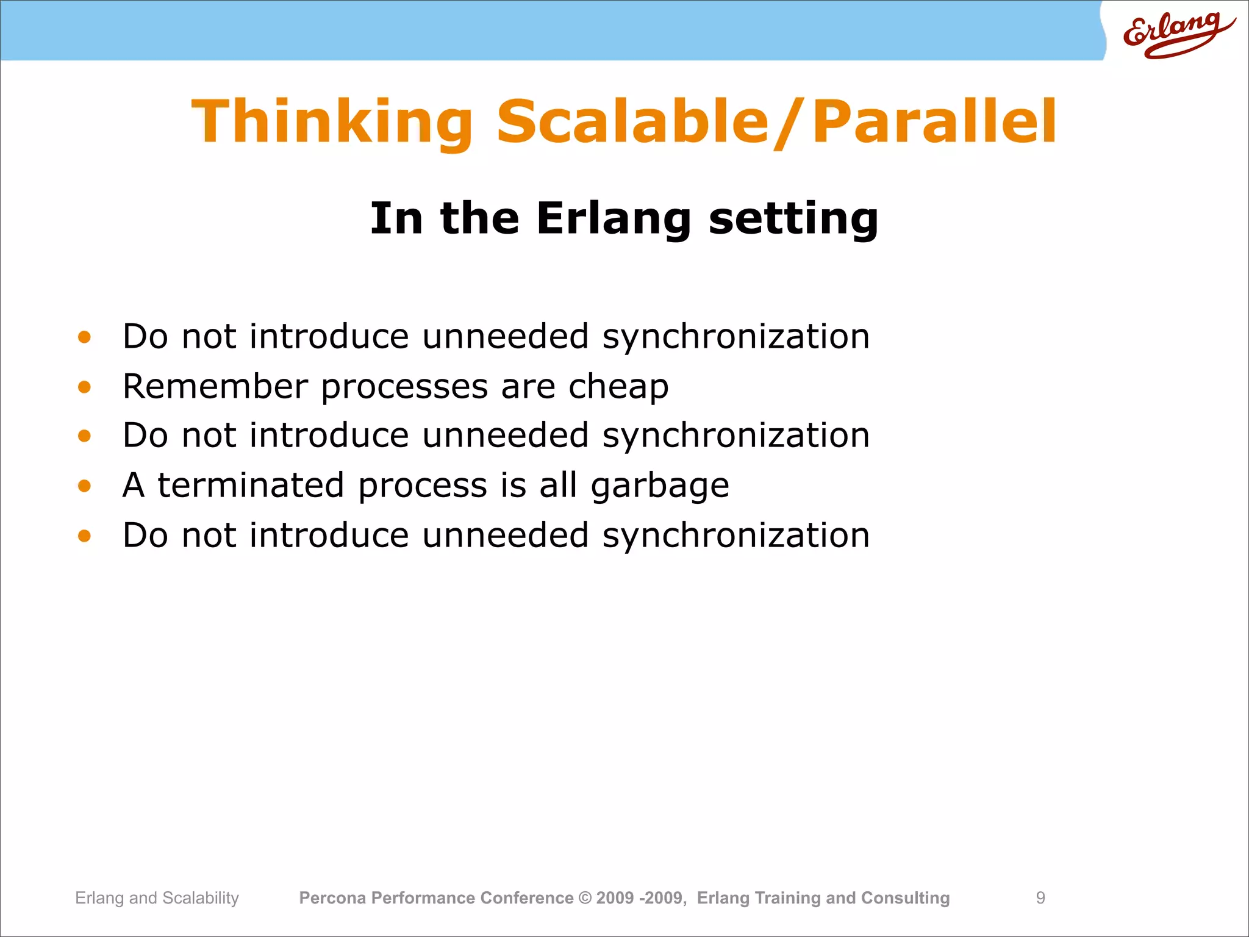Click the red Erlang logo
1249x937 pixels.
(1177, 34)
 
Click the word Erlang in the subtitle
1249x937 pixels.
(613, 218)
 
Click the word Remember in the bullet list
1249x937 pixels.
(215, 386)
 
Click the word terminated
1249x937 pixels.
(251, 485)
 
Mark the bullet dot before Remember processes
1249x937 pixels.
(84, 387)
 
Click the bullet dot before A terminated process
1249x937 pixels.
(84, 486)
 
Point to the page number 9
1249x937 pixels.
(1040, 898)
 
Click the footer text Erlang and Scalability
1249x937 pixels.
(157, 898)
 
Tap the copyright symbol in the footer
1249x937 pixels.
(584, 898)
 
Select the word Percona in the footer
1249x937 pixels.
(332, 898)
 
